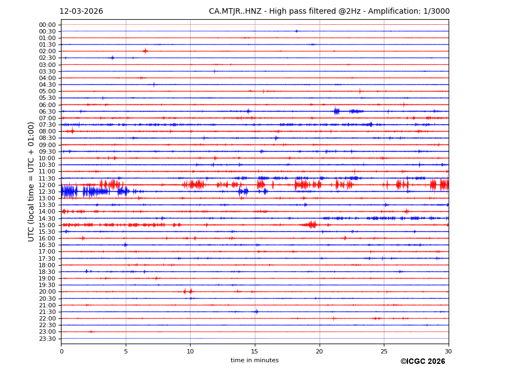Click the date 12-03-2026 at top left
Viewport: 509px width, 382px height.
tap(81, 12)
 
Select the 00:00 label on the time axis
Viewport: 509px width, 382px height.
tap(47, 25)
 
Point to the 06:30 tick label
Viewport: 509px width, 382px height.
tap(47, 111)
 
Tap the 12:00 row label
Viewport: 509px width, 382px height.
tap(47, 185)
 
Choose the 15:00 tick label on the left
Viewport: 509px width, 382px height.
tap(47, 225)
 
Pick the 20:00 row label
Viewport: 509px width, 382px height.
tap(47, 291)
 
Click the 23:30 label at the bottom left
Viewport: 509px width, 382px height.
tap(47, 339)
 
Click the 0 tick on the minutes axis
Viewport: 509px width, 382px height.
tap(61, 351)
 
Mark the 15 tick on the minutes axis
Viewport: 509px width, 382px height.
tap(255, 351)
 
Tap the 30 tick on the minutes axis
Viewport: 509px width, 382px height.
tap(448, 351)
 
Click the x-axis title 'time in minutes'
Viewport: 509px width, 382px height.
tap(255, 361)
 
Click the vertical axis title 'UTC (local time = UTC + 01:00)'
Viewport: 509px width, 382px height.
tap(32, 181)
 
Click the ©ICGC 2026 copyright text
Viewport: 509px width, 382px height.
tap(422, 362)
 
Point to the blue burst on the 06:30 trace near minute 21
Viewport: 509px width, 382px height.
tap(336, 111)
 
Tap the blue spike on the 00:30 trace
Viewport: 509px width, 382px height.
tap(297, 31)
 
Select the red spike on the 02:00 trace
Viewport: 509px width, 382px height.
tap(145, 51)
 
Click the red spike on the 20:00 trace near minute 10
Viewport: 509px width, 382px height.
tap(190, 291)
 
